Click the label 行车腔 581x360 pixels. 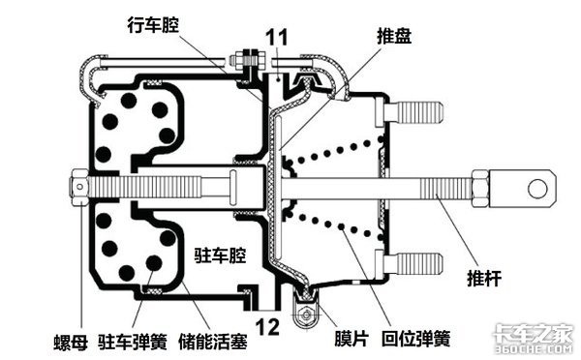[x=153, y=25]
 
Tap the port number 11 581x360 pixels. [x=277, y=38]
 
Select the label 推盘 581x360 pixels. [x=394, y=37]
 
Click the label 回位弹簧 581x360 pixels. [x=415, y=338]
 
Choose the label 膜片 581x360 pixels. [x=352, y=338]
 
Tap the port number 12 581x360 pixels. [x=267, y=327]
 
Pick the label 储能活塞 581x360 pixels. [x=213, y=341]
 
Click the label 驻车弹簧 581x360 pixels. [x=133, y=341]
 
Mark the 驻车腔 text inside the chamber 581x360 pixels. [x=220, y=255]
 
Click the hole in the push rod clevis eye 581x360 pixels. [x=536, y=188]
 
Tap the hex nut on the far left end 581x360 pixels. [x=79, y=187]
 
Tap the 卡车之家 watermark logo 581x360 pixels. [x=534, y=338]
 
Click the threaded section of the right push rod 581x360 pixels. [x=445, y=188]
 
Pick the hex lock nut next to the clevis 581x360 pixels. [x=480, y=189]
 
